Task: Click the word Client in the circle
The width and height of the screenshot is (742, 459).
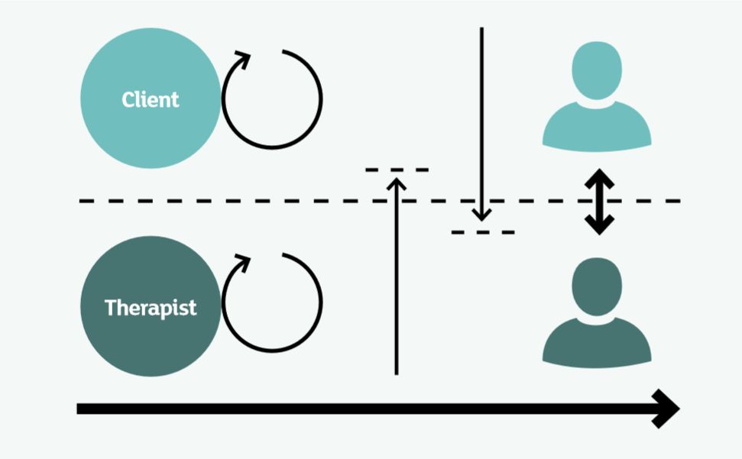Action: pos(151,99)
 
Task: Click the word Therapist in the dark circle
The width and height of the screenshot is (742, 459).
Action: pos(151,308)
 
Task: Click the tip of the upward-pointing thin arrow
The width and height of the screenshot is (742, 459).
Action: pos(396,179)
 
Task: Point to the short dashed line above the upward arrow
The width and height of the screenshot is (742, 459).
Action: pos(397,169)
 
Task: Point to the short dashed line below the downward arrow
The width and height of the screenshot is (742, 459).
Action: pos(483,231)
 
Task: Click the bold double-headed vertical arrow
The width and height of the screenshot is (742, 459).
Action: pos(599,201)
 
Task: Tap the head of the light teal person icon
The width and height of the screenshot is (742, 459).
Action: pos(597,70)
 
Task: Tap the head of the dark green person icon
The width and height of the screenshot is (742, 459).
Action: pos(597,285)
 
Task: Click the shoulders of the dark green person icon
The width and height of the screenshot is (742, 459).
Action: pos(597,344)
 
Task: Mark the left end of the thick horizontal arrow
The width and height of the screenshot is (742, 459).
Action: pos(79,409)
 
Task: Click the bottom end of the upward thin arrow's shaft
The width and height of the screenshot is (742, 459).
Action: pos(396,373)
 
